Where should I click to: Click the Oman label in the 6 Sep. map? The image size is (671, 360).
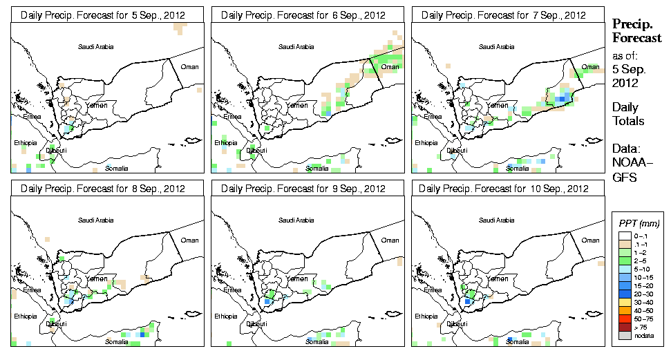pyautogui.click(x=389, y=67)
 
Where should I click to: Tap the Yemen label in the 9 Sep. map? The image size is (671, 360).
pyautogui.click(x=297, y=278)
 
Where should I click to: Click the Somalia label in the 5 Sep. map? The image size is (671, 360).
pyautogui.click(x=117, y=168)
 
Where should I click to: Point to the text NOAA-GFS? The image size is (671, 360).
pyautogui.click(x=630, y=171)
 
